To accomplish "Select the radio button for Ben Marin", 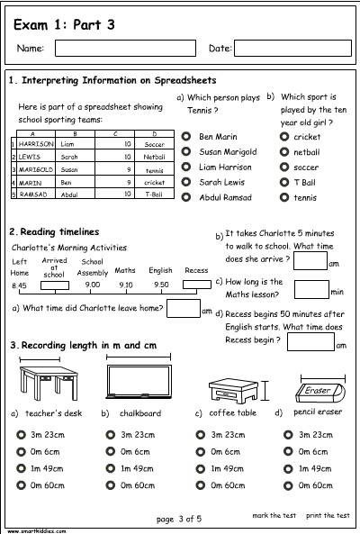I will pos(185,137).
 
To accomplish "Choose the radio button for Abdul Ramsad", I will pos(185,197).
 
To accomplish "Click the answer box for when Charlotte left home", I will pos(183,309).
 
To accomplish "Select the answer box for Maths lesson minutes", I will pos(311,289).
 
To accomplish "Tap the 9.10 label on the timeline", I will pos(125,285).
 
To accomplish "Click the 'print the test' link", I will pos(328,516).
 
